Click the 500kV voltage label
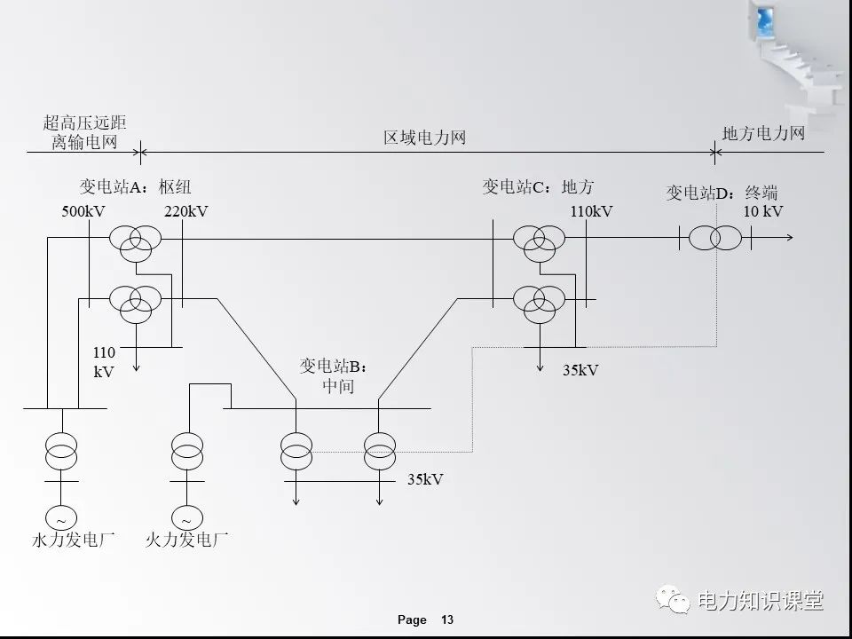(x=84, y=211)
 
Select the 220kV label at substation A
(x=185, y=211)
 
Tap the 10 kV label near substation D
(x=763, y=211)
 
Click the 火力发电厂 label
(x=186, y=539)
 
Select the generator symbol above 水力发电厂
(x=61, y=517)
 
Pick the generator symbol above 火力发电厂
(x=186, y=517)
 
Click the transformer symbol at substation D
(x=714, y=239)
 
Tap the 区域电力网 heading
(x=424, y=138)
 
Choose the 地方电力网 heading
(x=763, y=133)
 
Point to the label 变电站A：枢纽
(x=135, y=186)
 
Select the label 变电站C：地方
(x=538, y=186)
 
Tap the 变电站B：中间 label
(x=333, y=375)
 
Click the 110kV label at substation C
(x=591, y=211)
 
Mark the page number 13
(x=447, y=619)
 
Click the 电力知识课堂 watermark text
(x=761, y=600)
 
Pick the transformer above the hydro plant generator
(x=61, y=450)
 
